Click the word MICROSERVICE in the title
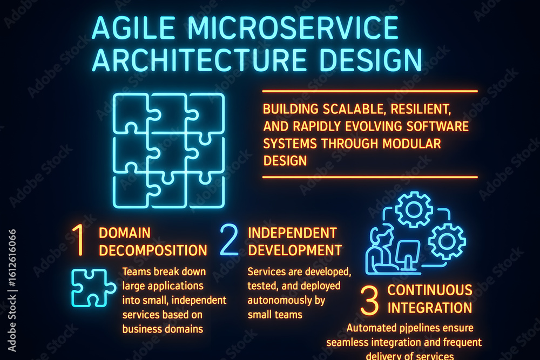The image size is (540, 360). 293,28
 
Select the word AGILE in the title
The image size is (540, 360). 134,28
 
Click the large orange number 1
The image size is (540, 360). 79,240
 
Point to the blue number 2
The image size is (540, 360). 229,240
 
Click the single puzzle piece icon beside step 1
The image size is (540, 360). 93,288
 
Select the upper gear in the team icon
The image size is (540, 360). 414,209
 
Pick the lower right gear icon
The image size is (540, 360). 447,241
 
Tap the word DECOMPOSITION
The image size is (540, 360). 153,250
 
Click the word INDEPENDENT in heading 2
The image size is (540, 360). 292,233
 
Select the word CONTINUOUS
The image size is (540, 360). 430,290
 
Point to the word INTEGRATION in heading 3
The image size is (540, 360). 430,308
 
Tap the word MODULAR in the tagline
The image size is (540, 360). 411,144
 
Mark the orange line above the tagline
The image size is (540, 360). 370,91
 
